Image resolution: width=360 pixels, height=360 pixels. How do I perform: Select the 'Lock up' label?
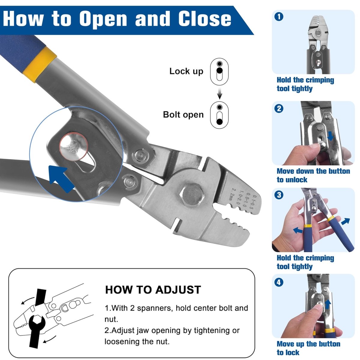coord(186,71)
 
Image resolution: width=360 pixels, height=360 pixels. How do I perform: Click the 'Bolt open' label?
coord(183,115)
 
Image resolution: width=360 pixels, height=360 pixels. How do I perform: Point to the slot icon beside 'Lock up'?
coord(219,72)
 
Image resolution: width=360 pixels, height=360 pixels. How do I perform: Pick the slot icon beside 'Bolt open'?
coord(219,115)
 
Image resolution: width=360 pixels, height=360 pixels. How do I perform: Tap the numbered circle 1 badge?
coord(279,16)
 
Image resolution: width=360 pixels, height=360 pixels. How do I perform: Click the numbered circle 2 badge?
coord(279,108)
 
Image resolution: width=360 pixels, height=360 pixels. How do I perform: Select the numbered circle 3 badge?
coord(279,195)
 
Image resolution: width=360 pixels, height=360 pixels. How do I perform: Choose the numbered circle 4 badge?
coord(279,282)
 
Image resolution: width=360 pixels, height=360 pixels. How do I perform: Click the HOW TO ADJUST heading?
coord(153,290)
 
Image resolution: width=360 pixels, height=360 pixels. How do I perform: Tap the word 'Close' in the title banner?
coord(205,19)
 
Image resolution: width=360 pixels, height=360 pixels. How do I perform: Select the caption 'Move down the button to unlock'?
coord(313,175)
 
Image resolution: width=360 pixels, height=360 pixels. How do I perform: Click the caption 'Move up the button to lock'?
coord(308,348)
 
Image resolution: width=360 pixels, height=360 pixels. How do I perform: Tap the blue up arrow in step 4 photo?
coord(328,304)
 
